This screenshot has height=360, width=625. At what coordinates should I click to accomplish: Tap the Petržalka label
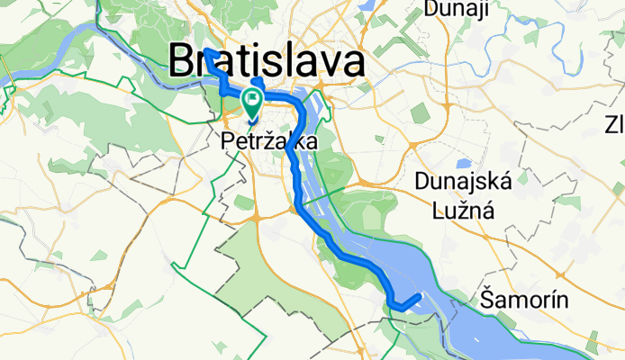[268, 142]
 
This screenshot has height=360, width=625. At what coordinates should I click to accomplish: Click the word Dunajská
[464, 181]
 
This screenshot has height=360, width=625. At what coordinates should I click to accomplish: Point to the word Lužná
[463, 213]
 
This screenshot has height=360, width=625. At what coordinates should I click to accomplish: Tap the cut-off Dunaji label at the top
[455, 9]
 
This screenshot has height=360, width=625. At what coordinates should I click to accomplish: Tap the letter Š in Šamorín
[488, 300]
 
